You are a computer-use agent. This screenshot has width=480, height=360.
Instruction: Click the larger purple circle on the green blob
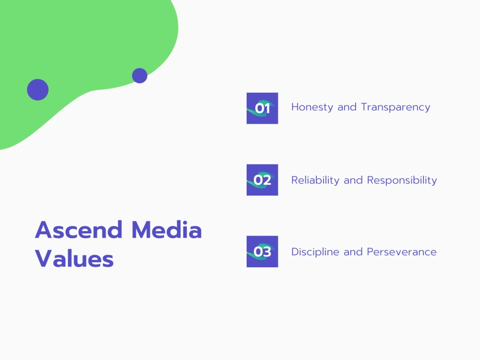coord(38,90)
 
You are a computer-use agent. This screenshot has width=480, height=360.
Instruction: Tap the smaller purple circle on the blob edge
coord(140,75)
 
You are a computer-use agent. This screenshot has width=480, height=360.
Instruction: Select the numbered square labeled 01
coord(262,108)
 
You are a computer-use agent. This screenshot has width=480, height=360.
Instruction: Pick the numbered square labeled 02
coord(262,180)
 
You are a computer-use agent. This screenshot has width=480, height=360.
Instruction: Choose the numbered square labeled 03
coord(262,252)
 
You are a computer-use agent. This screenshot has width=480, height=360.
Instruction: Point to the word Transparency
coord(396,107)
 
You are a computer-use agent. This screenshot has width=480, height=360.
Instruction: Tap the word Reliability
coord(315,180)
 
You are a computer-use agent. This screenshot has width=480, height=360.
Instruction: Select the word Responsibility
coord(402,180)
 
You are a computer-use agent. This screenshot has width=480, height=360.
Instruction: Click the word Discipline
coord(315,252)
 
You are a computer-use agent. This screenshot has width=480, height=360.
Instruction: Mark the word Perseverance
coord(402,252)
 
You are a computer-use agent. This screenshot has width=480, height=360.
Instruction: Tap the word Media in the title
coord(167,230)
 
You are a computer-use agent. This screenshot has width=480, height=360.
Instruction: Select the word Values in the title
coord(74,259)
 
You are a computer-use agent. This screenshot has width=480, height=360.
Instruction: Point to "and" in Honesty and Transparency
coord(347,107)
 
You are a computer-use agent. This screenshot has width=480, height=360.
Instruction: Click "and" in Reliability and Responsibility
coord(353,180)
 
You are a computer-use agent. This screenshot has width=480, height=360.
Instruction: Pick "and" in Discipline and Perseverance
coord(353,252)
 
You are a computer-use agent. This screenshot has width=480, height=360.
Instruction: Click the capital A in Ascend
coord(44,230)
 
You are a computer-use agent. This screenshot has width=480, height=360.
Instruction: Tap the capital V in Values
coord(44,259)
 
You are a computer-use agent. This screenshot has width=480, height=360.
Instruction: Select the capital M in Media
coord(144,230)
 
